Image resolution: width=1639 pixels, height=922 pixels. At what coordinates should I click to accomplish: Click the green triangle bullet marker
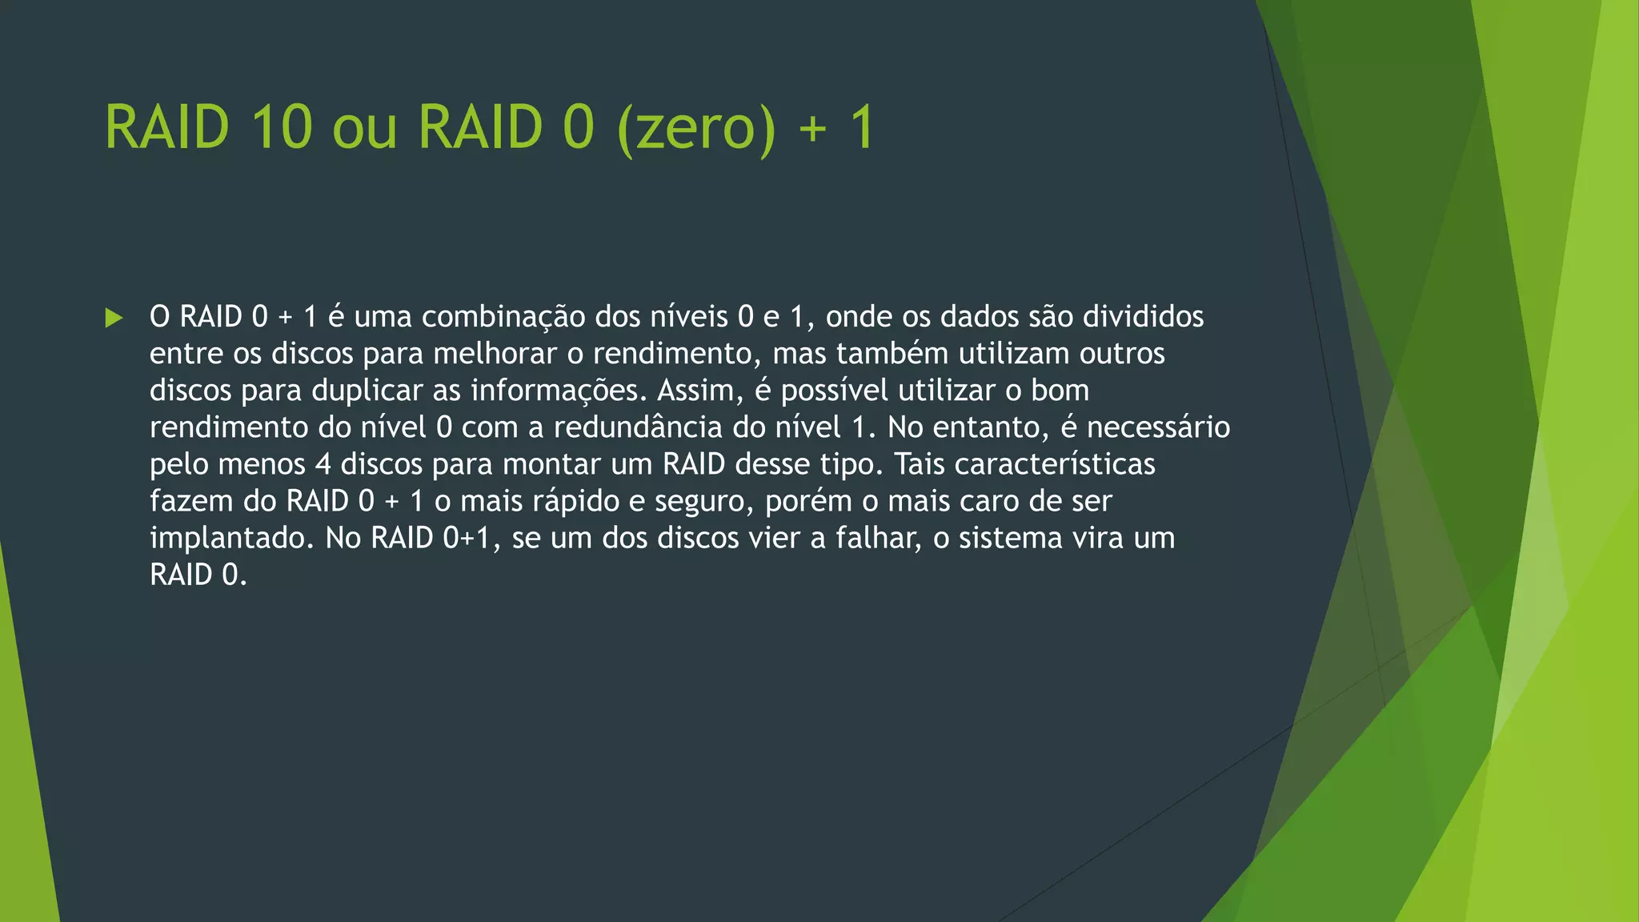click(x=114, y=318)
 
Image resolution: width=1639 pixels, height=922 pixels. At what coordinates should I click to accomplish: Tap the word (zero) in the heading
click(x=696, y=128)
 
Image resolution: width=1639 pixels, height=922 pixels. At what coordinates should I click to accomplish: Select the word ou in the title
click(x=364, y=128)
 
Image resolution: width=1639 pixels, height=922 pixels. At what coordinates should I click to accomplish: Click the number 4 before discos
click(x=323, y=464)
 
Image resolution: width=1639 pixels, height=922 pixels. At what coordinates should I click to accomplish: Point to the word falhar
click(x=879, y=538)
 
